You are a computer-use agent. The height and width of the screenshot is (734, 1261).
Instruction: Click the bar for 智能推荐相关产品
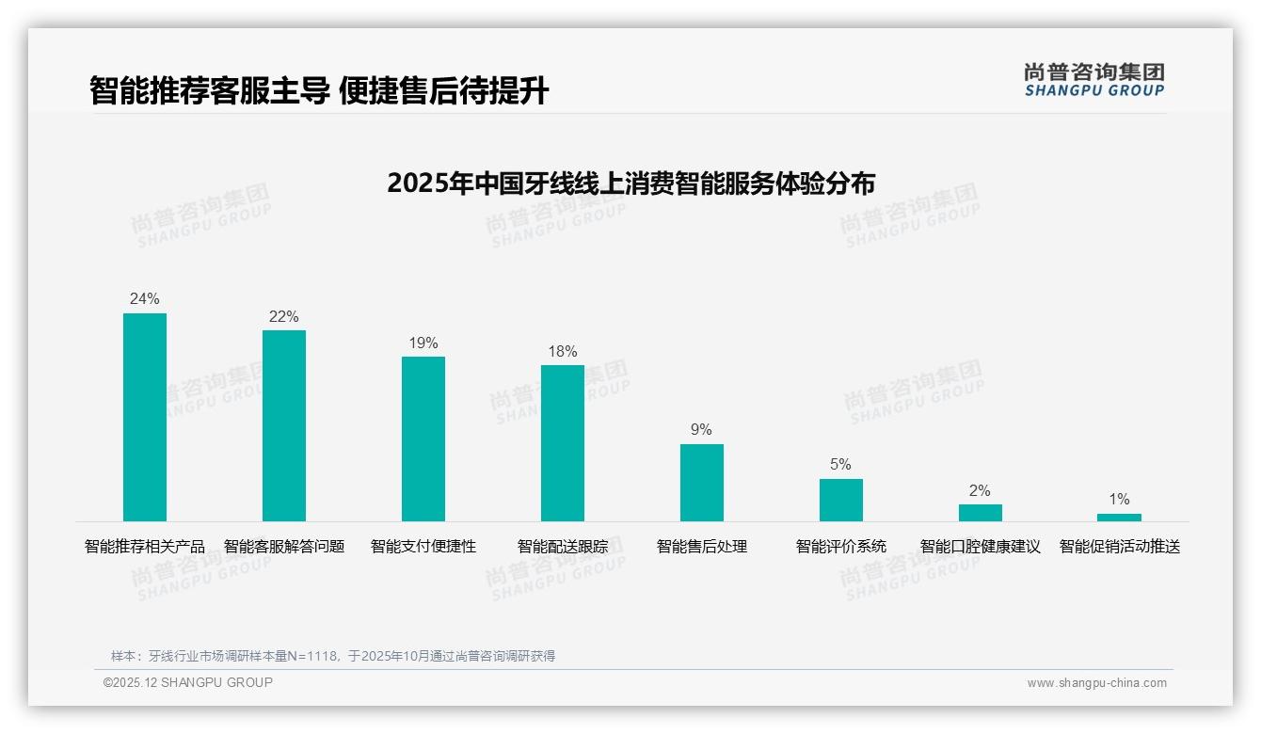[x=145, y=417]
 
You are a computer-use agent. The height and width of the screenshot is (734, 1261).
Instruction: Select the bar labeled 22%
[x=284, y=425]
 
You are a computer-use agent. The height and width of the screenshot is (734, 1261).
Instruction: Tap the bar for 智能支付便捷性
[x=423, y=439]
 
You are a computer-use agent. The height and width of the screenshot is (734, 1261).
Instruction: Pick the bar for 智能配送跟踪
[x=563, y=443]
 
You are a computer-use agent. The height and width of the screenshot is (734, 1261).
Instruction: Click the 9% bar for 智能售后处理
[x=702, y=483]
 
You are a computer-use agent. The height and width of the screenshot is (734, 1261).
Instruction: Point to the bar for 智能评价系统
[x=840, y=500]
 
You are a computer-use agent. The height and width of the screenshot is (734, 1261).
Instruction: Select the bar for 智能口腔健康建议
[x=980, y=513]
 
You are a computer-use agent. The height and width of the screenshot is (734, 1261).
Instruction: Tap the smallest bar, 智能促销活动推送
[x=1119, y=518]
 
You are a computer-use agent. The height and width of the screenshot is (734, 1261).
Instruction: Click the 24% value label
[x=145, y=299]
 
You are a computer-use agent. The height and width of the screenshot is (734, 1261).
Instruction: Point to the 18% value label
[x=563, y=352]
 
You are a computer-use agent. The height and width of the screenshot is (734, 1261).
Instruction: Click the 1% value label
[x=1119, y=500]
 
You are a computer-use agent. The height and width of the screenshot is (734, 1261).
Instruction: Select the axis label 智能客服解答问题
[x=284, y=547]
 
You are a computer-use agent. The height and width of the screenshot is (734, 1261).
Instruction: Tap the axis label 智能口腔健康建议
[x=980, y=547]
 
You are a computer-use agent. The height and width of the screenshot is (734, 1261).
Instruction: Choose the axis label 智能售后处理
[x=702, y=547]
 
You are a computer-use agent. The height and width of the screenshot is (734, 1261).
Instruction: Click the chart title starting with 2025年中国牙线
[x=630, y=183]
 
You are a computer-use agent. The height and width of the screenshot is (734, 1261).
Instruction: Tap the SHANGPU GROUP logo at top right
[x=1093, y=80]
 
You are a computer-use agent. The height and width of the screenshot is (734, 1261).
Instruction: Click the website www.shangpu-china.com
[x=1096, y=683]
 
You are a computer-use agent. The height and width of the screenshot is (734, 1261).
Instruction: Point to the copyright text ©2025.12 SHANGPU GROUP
[x=188, y=682]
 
